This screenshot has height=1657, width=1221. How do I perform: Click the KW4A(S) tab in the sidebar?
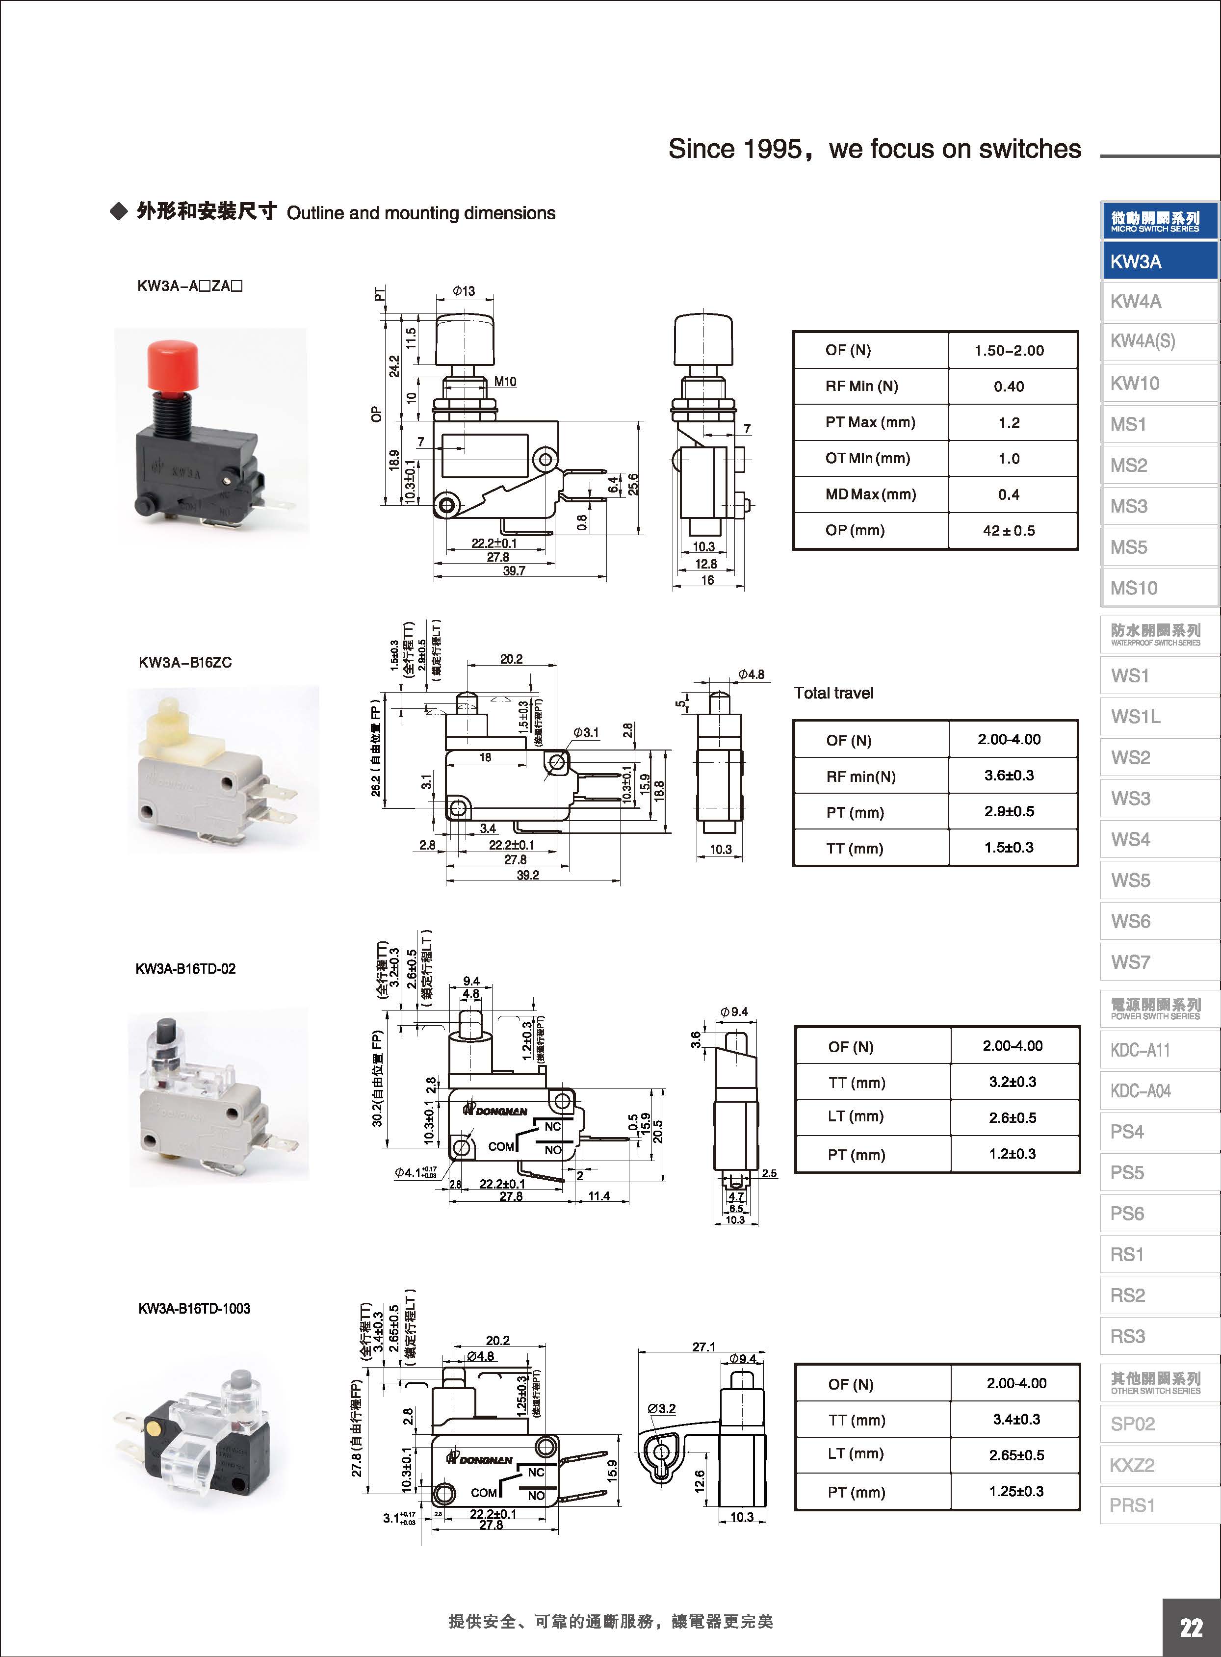[x=1142, y=341]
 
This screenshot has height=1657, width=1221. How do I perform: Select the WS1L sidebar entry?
[x=1135, y=716]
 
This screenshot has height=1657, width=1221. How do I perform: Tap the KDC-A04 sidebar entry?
[x=1141, y=1091]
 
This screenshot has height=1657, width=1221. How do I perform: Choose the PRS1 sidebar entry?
[x=1132, y=1505]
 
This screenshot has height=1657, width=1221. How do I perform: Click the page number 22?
[x=1190, y=1628]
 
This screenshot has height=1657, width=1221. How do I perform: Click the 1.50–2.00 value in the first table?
[x=1009, y=350]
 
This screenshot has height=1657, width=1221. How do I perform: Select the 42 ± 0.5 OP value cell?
[x=1009, y=531]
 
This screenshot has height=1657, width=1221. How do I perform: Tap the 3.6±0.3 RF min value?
[x=1009, y=776]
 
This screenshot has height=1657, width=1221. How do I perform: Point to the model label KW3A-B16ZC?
[x=185, y=662]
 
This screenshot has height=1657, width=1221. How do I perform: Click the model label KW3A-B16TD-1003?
[x=194, y=1308]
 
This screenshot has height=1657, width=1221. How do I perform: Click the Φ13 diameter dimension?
[x=464, y=291]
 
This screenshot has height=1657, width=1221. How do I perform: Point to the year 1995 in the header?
[x=772, y=149]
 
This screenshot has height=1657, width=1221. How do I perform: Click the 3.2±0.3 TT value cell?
[x=1013, y=1082]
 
